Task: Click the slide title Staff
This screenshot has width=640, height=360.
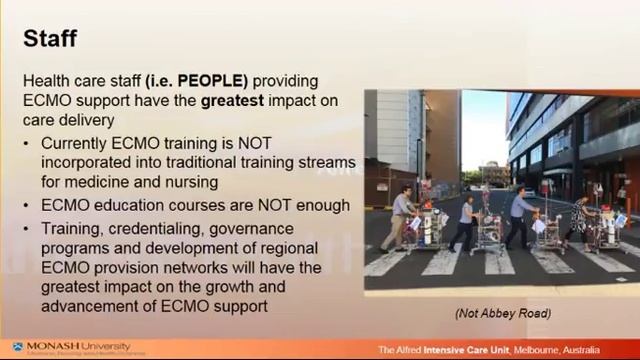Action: point(49,39)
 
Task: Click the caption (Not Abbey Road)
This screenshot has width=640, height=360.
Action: point(502,313)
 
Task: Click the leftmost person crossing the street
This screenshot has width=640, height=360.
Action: point(401,215)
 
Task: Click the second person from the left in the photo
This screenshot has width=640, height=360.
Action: point(466,220)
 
